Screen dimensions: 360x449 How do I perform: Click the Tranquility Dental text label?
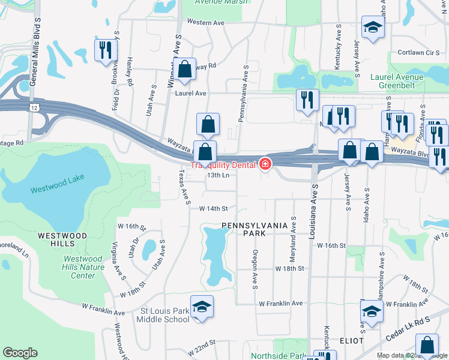point(223,165)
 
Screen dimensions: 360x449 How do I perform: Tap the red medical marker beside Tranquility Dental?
point(265,164)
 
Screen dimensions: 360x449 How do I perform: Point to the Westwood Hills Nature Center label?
point(79,268)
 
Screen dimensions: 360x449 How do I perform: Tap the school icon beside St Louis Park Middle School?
point(202,307)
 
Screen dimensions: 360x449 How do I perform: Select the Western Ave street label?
point(205,22)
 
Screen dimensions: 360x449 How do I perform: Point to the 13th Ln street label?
point(218,175)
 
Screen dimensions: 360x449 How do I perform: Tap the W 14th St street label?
point(214,208)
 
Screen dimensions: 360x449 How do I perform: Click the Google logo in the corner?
point(20,353)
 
